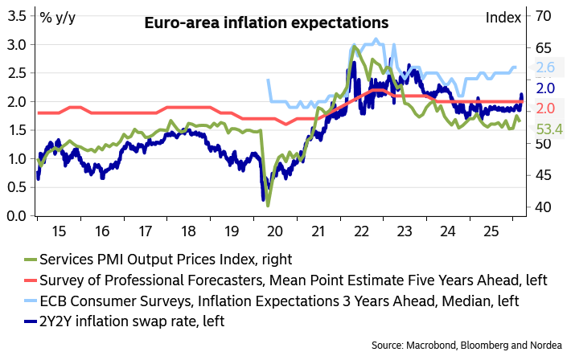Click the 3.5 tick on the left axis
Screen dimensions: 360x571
point(15,15)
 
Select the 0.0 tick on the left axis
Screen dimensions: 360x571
point(15,215)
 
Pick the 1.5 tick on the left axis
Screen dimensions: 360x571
point(15,130)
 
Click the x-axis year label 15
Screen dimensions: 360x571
point(59,231)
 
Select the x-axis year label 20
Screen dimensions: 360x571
point(275,231)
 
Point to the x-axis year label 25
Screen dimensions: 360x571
point(491,231)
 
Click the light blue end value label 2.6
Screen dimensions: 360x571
point(546,68)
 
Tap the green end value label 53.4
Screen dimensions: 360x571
point(548,129)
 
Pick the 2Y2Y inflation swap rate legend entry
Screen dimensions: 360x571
point(124,321)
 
